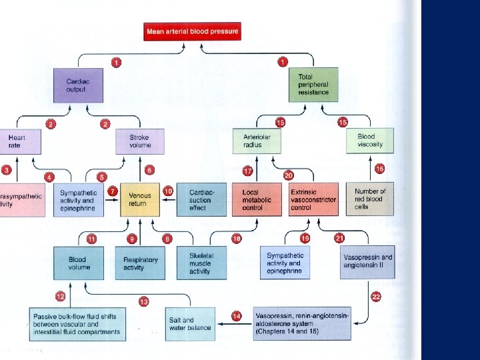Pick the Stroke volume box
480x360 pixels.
pyautogui.click(x=140, y=141)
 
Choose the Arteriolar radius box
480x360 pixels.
pyautogui.click(x=257, y=141)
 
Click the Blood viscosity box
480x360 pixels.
pyautogui.click(x=371, y=140)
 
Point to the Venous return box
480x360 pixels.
pyautogui.click(x=140, y=199)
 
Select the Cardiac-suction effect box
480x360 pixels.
pyautogui.click(x=200, y=199)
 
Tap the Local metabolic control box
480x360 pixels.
pyautogui.click(x=257, y=199)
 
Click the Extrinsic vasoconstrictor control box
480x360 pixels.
pyautogui.click(x=313, y=199)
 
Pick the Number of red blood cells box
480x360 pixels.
pyautogui.click(x=371, y=199)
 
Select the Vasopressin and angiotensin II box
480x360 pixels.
pyautogui.click(x=367, y=261)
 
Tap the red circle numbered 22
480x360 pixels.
pyautogui.click(x=376, y=297)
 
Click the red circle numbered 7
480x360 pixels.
pyautogui.click(x=113, y=191)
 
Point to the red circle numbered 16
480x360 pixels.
pyautogui.click(x=379, y=169)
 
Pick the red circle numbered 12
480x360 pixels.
pyautogui.click(x=61, y=297)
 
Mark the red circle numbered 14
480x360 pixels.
pyautogui.click(x=236, y=315)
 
